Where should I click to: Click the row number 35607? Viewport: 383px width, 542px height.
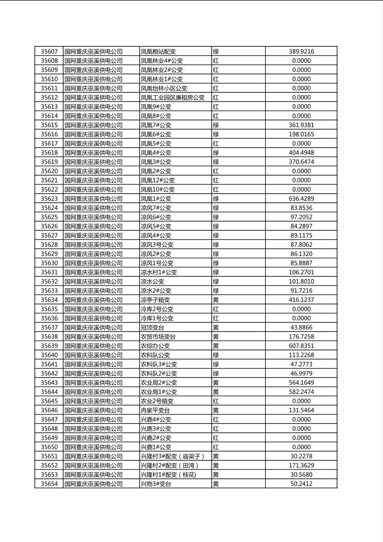pyautogui.click(x=49, y=52)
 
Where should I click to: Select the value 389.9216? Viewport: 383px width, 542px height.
pyautogui.click(x=301, y=52)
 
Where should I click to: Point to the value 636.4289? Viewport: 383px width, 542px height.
pyautogui.click(x=301, y=199)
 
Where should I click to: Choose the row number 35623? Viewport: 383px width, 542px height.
pyautogui.click(x=49, y=199)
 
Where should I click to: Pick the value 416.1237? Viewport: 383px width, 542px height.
pyautogui.click(x=301, y=300)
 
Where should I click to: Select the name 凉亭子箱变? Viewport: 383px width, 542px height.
pyautogui.click(x=155, y=300)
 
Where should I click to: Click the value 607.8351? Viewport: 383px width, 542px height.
pyautogui.click(x=301, y=346)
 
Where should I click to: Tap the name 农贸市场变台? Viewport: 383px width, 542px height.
pyautogui.click(x=158, y=337)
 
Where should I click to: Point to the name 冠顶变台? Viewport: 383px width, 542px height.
pyautogui.click(x=152, y=328)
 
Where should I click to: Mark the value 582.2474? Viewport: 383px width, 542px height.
pyautogui.click(x=301, y=392)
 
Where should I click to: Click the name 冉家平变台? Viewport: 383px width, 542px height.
pyautogui.click(x=155, y=411)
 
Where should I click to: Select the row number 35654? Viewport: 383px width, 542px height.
pyautogui.click(x=49, y=484)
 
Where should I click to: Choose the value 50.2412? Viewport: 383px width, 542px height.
pyautogui.click(x=301, y=484)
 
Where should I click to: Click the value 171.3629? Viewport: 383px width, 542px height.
pyautogui.click(x=301, y=466)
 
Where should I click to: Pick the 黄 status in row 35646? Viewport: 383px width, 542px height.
pyautogui.click(x=216, y=411)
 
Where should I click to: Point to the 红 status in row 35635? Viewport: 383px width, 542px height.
pyautogui.click(x=216, y=309)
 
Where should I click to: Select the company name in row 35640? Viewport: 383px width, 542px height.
pyautogui.click(x=93, y=355)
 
